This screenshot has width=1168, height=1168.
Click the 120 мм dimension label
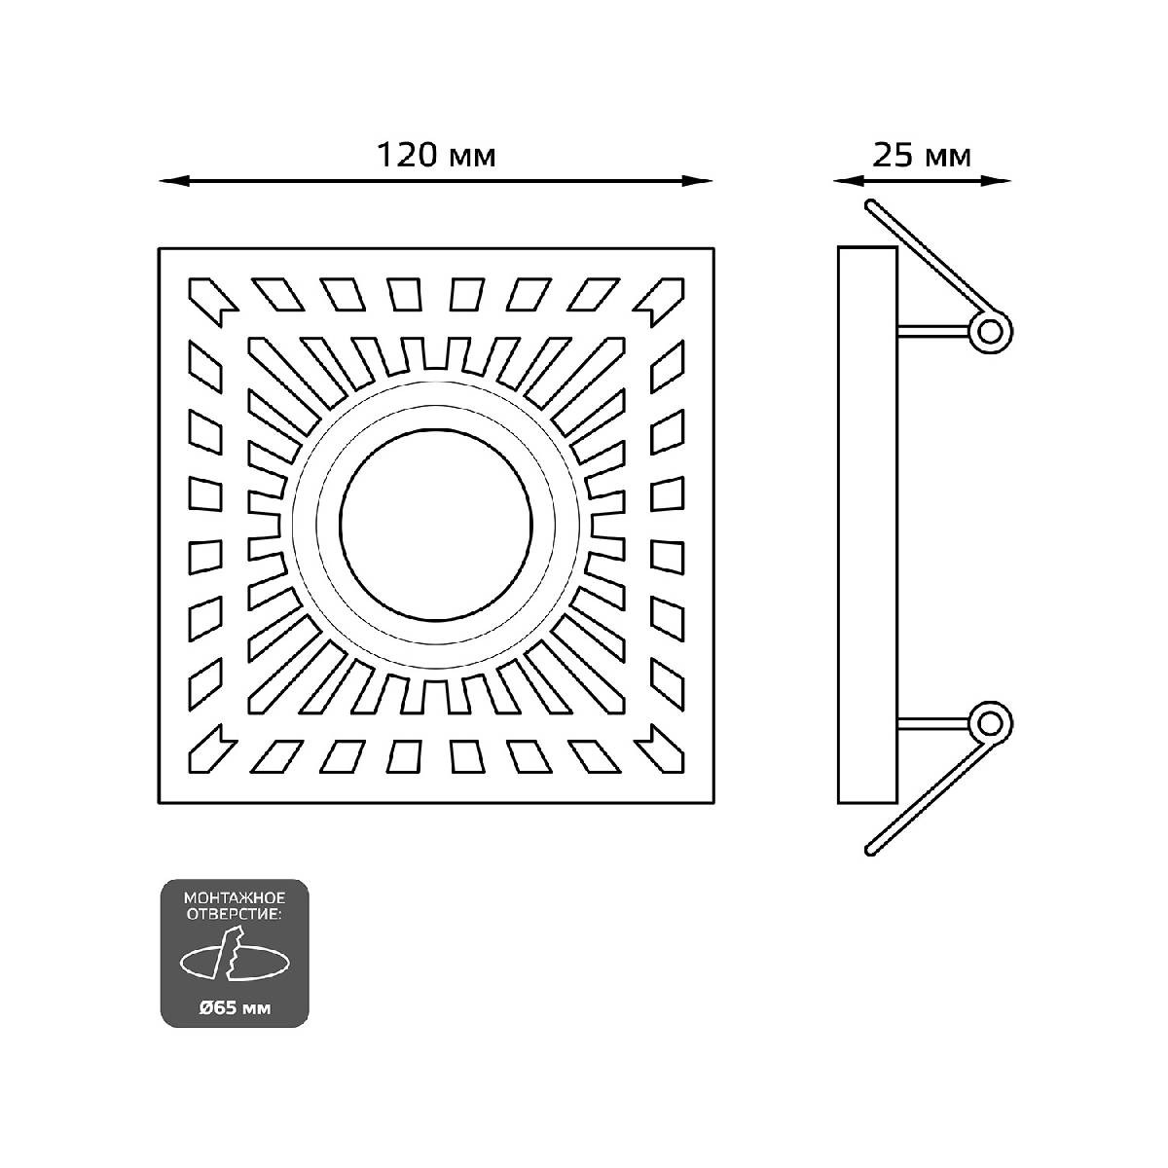click(435, 156)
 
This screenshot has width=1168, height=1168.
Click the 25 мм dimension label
click(921, 156)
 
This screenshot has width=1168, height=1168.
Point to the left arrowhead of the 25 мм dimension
click(839, 180)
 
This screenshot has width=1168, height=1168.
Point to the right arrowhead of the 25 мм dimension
click(1003, 180)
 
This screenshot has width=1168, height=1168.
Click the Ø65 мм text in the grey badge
click(234, 1007)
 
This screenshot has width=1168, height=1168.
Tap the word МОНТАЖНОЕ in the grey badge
click(234, 894)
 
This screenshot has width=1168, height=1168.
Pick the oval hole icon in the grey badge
click(234, 959)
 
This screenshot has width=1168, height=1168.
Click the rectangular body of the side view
click(867, 526)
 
